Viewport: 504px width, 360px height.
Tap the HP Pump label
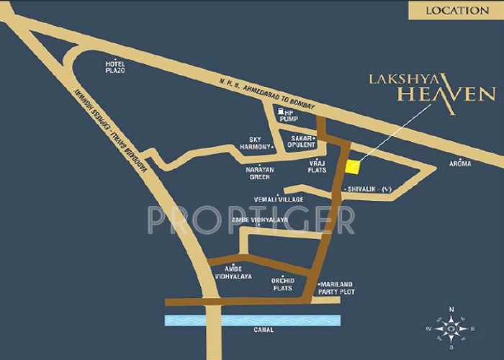click(289, 115)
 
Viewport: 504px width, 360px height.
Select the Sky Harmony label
click(259, 143)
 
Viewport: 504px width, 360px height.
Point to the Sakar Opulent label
click(302, 140)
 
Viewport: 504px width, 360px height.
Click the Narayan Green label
click(261, 173)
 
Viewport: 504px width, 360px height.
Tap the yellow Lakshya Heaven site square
click(352, 166)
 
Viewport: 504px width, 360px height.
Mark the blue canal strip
click(252, 320)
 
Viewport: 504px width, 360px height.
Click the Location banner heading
click(456, 10)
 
